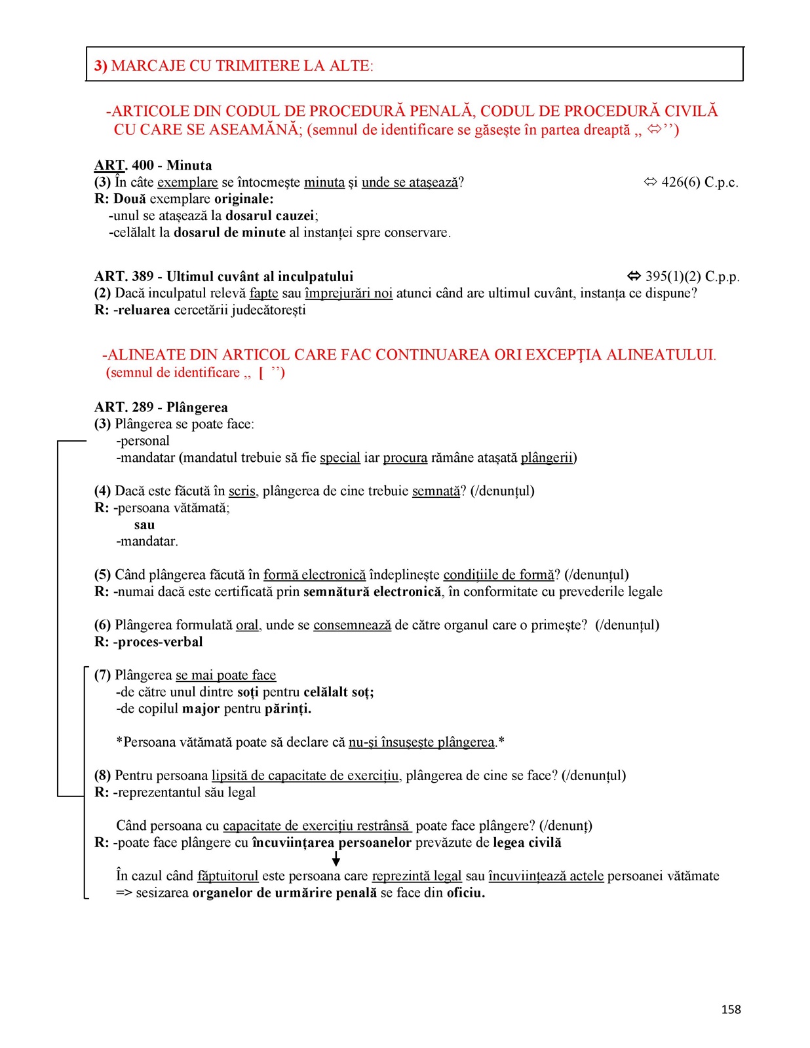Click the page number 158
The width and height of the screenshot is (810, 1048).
731,1009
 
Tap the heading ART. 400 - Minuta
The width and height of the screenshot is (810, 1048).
153,165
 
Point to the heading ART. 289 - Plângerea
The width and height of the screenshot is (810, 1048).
161,407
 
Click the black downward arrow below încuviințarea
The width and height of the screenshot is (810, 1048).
336,859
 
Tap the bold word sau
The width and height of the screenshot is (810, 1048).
144,525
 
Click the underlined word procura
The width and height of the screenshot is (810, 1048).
405,457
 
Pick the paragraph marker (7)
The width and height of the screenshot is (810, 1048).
102,675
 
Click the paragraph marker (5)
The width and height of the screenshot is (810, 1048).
102,574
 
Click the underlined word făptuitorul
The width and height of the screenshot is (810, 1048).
227,876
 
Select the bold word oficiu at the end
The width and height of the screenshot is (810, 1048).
465,893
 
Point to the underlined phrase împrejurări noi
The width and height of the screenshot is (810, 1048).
349,293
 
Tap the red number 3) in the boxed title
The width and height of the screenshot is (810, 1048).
101,65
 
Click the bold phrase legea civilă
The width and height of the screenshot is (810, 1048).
527,842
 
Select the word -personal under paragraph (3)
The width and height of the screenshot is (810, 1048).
143,441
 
